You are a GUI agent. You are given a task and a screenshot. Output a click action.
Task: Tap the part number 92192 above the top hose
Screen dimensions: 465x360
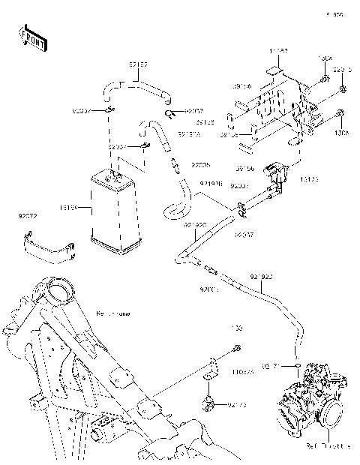(x=138, y=65)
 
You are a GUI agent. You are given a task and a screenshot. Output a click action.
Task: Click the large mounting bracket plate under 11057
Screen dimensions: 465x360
(x=281, y=105)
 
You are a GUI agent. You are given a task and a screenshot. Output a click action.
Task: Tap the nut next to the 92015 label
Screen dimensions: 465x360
(x=341, y=89)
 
